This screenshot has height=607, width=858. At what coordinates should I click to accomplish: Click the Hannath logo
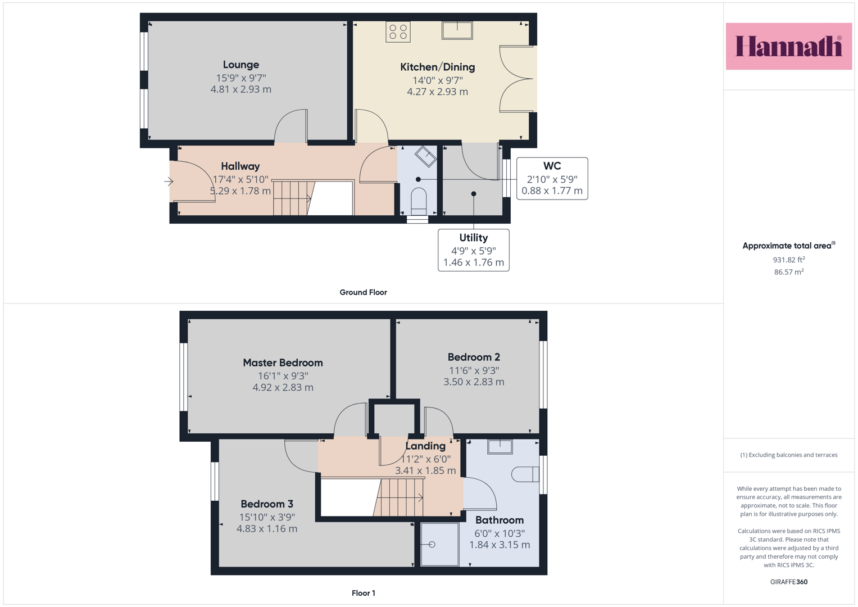coord(789,46)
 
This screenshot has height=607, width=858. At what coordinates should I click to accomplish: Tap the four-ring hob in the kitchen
coord(398,32)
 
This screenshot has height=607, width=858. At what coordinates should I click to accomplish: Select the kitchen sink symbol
coord(457,30)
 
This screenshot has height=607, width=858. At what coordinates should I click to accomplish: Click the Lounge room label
coord(241,65)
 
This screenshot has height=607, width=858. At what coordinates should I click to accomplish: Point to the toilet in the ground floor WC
coord(418,202)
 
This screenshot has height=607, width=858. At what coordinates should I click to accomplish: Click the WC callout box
coord(552,178)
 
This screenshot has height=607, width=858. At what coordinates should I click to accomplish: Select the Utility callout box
coord(474,250)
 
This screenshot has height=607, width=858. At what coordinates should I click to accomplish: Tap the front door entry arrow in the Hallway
coord(169,181)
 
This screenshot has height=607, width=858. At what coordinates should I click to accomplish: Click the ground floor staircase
coord(293,198)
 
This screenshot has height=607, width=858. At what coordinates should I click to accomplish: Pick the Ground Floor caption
coord(363,292)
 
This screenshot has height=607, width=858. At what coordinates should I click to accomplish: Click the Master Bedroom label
coord(283,363)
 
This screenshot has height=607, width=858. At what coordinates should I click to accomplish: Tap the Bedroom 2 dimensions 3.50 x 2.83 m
coord(474,382)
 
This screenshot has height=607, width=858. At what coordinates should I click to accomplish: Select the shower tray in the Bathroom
coord(440,544)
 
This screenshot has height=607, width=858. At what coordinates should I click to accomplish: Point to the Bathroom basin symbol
coord(500,447)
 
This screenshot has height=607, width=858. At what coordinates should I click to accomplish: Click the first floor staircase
coord(398,497)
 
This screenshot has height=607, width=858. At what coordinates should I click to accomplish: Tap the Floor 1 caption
coord(364,593)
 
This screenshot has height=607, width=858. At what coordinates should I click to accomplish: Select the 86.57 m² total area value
coord(789,271)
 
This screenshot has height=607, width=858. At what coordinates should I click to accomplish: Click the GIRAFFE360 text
coord(789,582)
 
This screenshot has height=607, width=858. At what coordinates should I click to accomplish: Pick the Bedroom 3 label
coord(267,504)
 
